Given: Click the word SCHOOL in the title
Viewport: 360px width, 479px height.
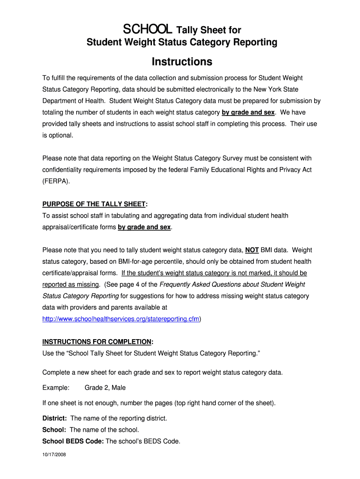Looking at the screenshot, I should click(148, 30).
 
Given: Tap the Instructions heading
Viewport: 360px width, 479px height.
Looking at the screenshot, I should click(182, 62).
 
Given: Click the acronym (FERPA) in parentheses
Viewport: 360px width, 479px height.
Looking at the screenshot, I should click(56, 181).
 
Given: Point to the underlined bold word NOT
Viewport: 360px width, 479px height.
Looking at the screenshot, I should click(252, 250).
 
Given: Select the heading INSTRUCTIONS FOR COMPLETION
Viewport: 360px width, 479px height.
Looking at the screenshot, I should click(97, 341).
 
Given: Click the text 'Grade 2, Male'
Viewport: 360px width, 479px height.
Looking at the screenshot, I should click(105, 388).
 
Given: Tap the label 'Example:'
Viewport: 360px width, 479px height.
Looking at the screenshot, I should click(56, 388).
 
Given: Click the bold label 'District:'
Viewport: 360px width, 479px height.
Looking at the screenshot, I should click(55, 418).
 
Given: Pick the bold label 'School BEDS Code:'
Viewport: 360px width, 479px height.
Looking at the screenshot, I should click(73, 441).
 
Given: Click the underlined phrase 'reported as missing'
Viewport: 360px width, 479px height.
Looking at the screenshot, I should click(71, 284).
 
